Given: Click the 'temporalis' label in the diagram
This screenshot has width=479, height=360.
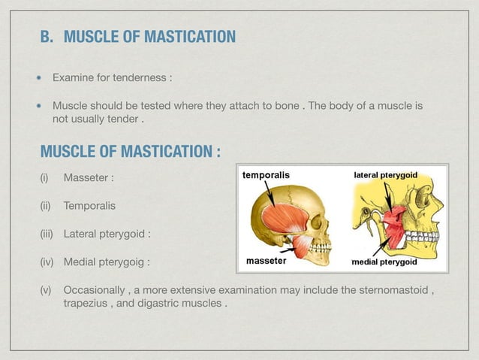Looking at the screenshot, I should (x=265, y=174).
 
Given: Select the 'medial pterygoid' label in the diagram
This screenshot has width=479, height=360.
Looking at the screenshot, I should (x=385, y=263).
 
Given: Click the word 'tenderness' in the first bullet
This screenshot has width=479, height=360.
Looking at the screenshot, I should (x=141, y=78).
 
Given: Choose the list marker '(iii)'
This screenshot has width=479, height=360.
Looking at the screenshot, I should (x=49, y=234).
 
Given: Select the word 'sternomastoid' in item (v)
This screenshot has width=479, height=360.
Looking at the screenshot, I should (x=395, y=292).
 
